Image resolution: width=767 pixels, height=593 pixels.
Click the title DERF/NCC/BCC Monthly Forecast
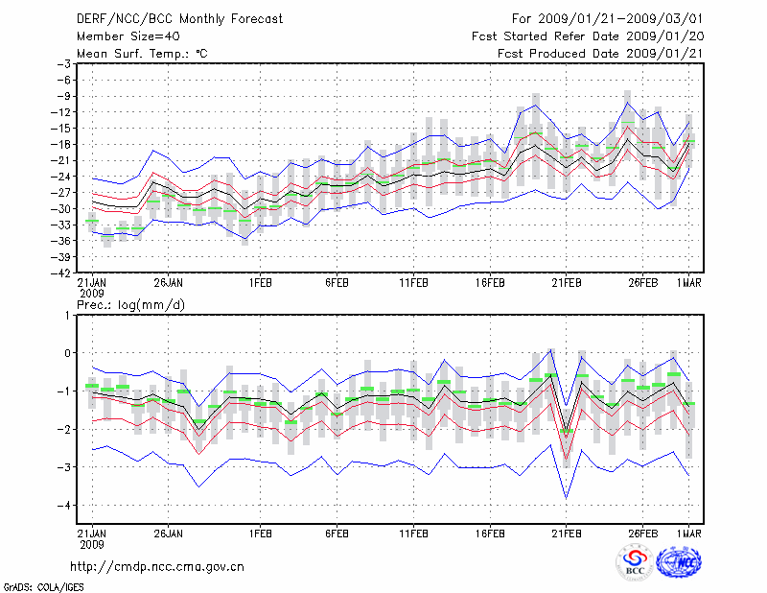(179, 19)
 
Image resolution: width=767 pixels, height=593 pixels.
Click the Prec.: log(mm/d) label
(131, 304)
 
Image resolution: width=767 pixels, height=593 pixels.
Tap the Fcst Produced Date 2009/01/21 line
(600, 54)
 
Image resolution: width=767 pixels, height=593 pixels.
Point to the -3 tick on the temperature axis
(67, 63)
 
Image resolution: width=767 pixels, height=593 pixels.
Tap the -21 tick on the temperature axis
(64, 160)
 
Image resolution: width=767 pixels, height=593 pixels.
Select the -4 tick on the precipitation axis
(67, 505)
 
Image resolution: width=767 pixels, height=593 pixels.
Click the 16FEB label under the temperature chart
(489, 283)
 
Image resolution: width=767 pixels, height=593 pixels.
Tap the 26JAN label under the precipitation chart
(169, 533)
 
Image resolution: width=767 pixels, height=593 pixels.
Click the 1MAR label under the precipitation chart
(689, 533)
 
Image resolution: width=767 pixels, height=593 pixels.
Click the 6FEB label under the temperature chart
(336, 283)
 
